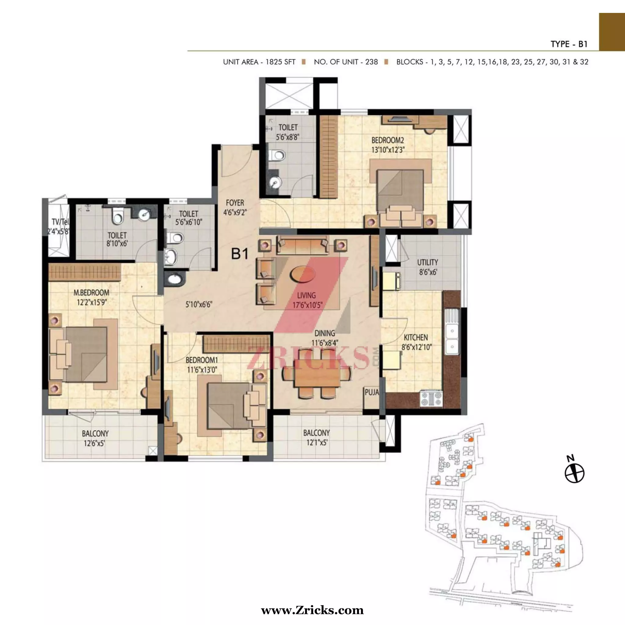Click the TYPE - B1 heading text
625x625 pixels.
point(569,44)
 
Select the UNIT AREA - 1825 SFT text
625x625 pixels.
point(259,62)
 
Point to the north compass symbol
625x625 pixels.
point(575,473)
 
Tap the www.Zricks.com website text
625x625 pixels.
point(312,610)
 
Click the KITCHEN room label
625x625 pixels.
point(416,338)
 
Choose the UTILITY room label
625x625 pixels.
point(427,262)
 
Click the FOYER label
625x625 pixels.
point(235,203)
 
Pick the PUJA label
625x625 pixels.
point(372,392)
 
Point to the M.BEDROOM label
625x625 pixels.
point(91,293)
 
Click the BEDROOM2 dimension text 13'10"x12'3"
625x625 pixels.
point(388,150)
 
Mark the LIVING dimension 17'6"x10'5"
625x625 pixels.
point(307,305)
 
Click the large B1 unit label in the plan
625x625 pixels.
point(240,254)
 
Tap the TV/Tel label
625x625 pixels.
point(60,222)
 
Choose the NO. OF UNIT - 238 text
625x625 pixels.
point(346,62)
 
